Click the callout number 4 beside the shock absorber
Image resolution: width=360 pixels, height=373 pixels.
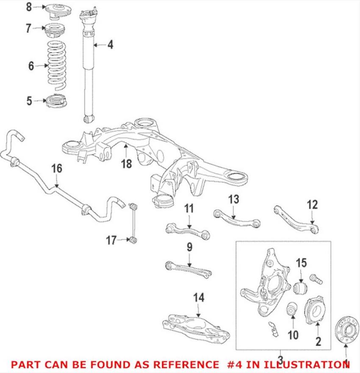[110, 44]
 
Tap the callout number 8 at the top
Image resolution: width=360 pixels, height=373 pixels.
[29, 7]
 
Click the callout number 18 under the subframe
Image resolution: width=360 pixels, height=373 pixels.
[126, 163]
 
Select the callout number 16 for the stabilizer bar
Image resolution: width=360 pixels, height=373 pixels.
[57, 169]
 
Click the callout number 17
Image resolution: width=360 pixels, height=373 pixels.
[111, 241]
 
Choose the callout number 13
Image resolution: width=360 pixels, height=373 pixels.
[234, 199]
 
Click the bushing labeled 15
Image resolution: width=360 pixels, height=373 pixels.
[300, 289]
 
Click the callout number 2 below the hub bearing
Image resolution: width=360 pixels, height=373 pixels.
[318, 340]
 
